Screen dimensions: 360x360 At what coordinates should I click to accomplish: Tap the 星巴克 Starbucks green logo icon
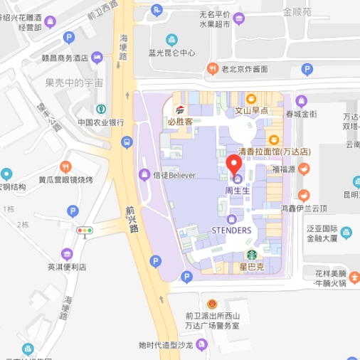(251, 255)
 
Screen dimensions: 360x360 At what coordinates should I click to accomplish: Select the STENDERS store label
(231, 231)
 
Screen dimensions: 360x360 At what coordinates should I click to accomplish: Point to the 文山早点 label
(251, 111)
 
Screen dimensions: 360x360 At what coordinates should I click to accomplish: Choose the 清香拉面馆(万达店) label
(273, 152)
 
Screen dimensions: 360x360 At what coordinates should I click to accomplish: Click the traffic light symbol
(85, 231)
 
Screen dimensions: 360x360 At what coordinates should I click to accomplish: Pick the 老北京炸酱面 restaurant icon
(212, 69)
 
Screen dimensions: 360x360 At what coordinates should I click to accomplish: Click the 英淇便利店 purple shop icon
(67, 254)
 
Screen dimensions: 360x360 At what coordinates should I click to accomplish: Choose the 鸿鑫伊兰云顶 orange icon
(304, 196)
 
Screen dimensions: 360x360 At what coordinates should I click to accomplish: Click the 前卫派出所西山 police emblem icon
(210, 304)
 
